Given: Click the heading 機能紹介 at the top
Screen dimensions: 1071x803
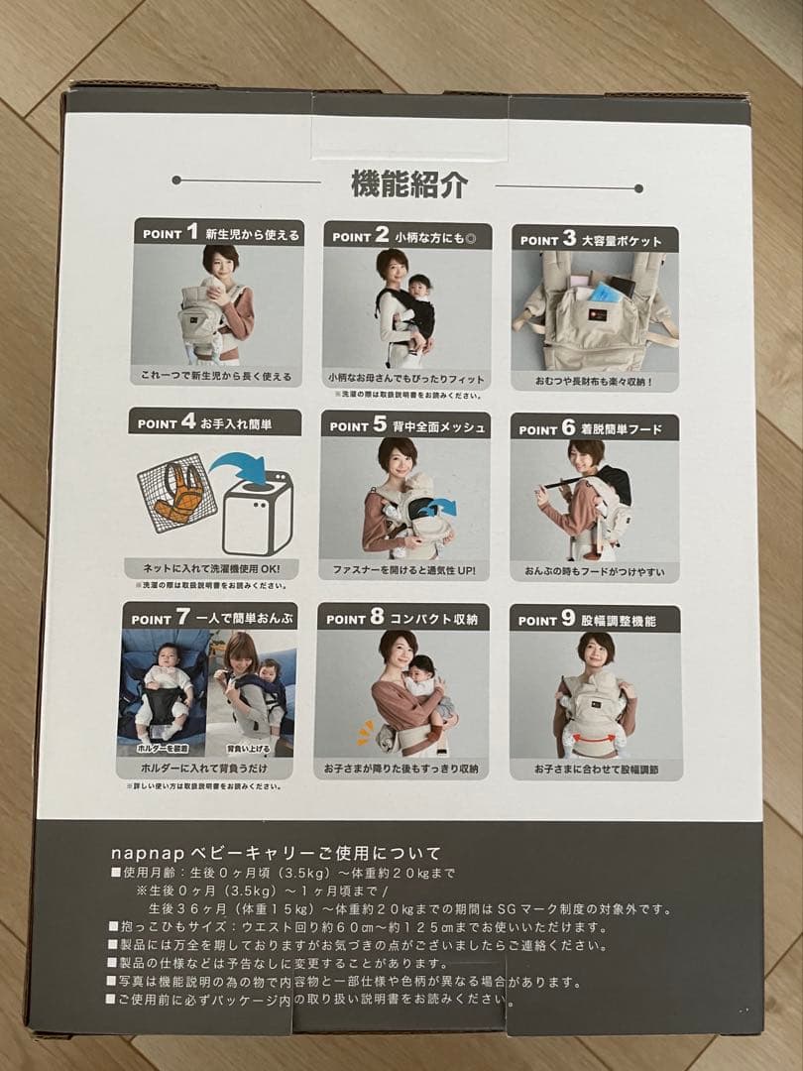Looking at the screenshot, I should tap(408, 184).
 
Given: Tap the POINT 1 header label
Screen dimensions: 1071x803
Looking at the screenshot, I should tap(217, 234).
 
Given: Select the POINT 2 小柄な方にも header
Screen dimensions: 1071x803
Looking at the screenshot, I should tap(405, 236).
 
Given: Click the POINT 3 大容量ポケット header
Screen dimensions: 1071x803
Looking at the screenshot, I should tap(596, 239).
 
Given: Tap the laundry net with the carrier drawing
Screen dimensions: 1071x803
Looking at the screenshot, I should tap(179, 493).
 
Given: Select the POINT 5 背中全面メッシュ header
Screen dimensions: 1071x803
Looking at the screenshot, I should tap(405, 426).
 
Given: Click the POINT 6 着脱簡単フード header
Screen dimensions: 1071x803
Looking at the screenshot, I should tap(596, 428).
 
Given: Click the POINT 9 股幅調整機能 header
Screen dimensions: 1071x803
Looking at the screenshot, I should tap(595, 620).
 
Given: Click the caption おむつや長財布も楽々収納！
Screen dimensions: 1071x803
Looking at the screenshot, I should tap(595, 381).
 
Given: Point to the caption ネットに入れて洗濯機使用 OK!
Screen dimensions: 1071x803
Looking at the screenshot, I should tap(212, 569).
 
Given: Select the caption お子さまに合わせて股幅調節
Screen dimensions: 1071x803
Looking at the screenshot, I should tap(595, 770).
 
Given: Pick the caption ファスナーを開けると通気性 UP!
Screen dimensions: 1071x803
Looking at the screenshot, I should tap(403, 571).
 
